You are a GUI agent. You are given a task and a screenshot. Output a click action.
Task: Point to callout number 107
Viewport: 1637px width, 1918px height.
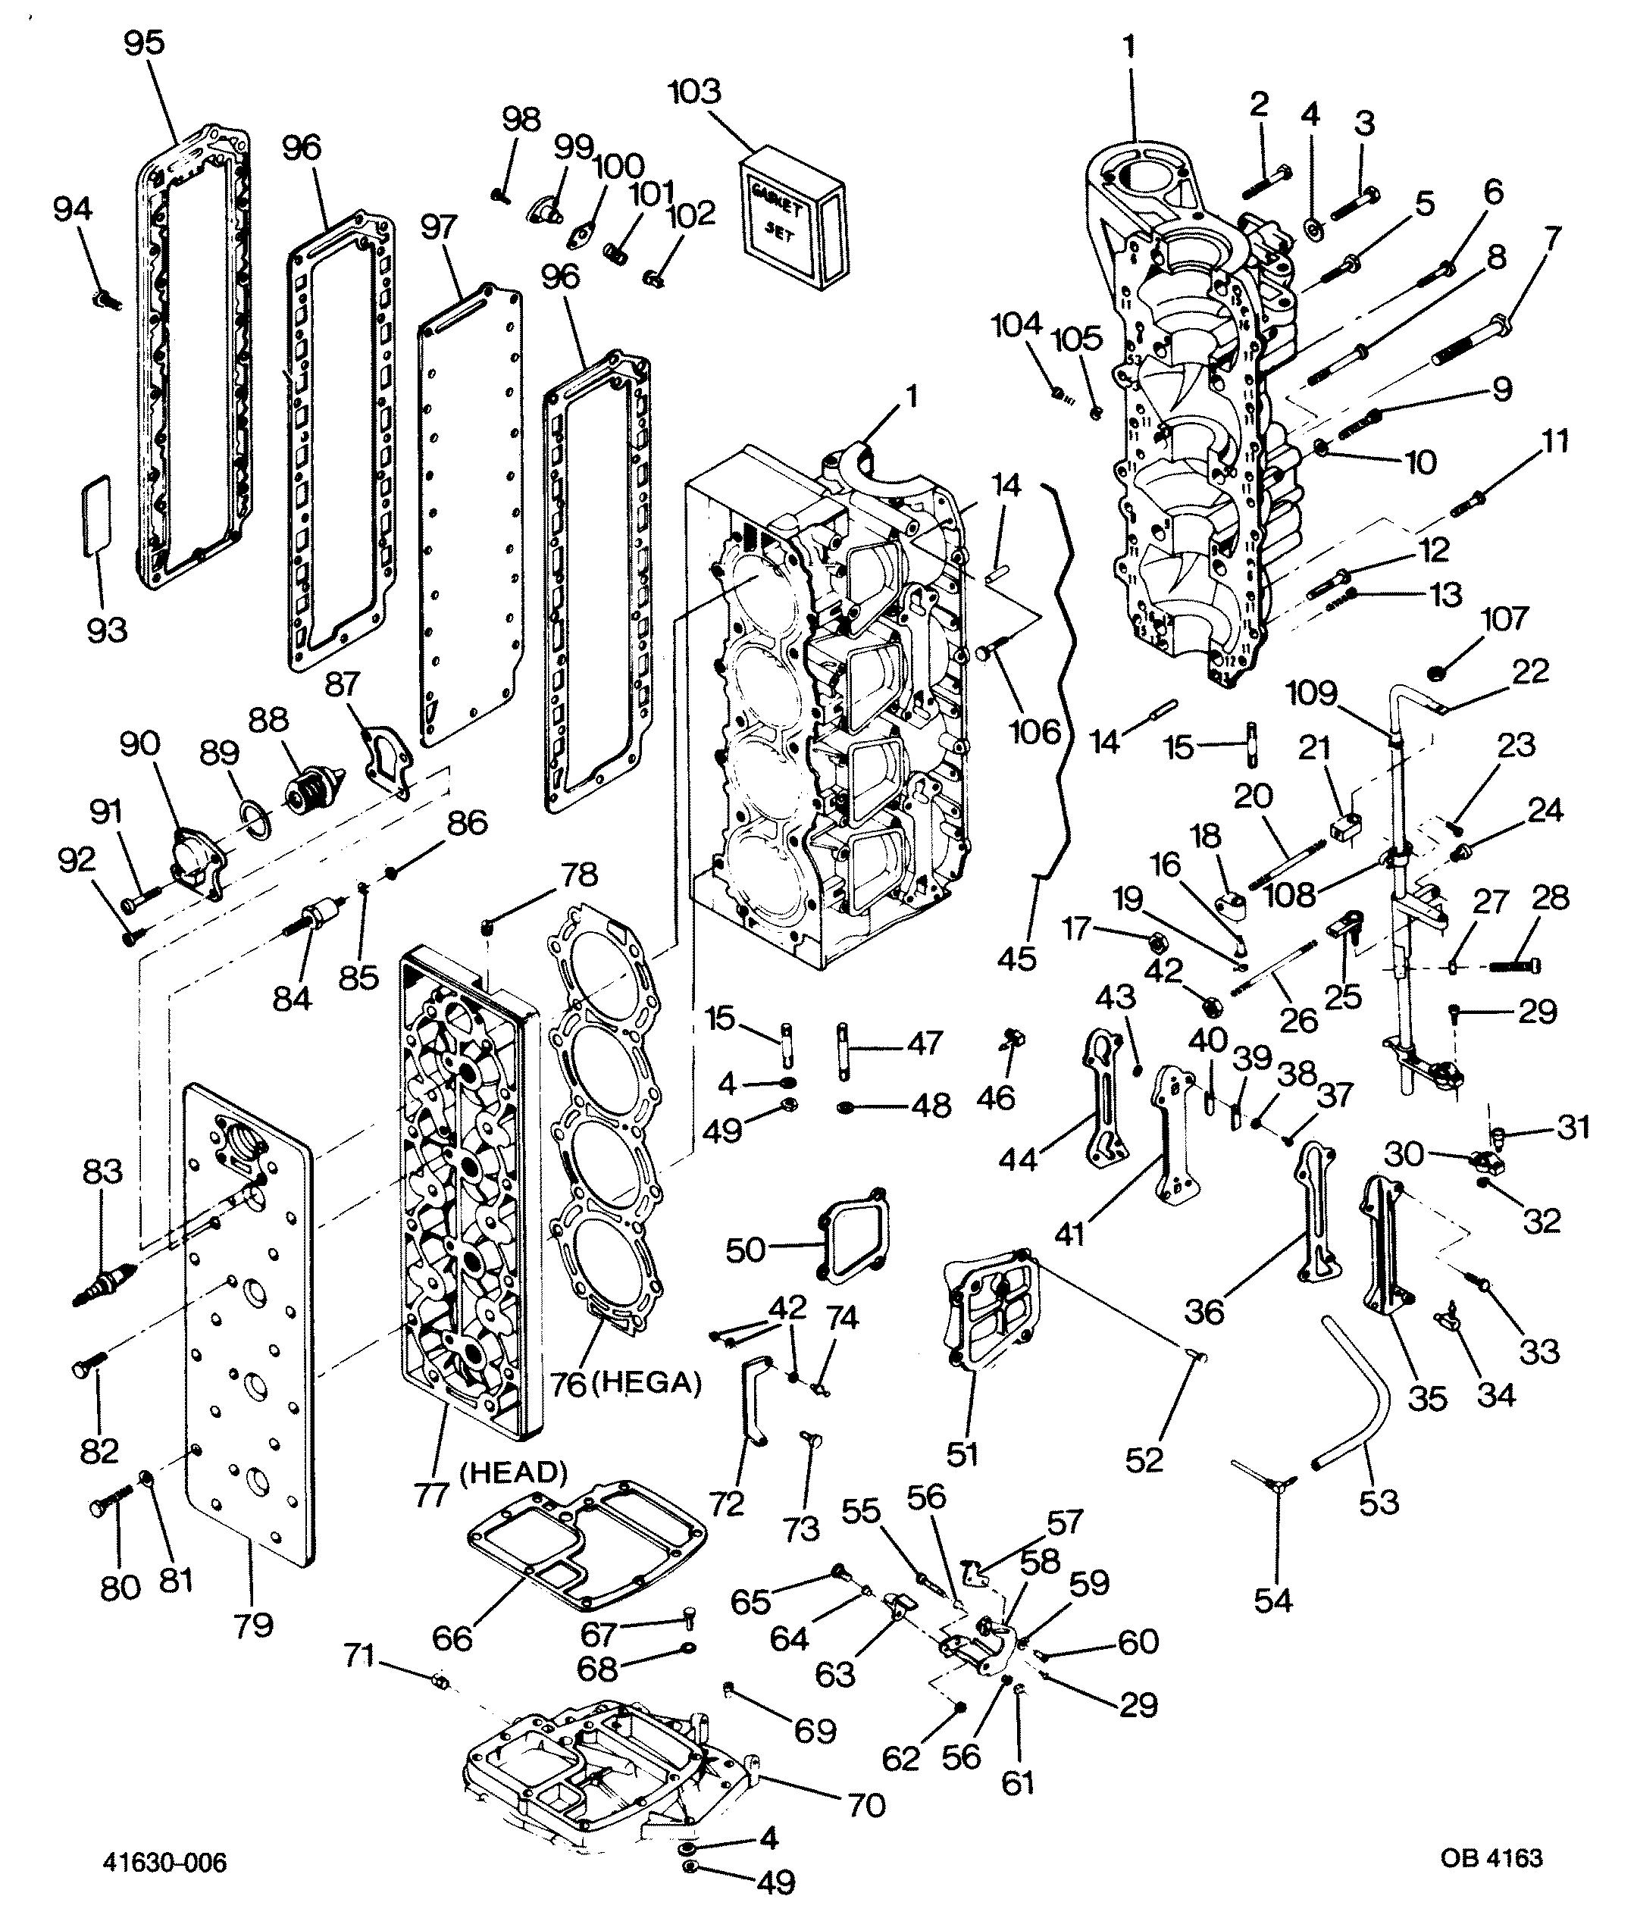[x=1504, y=619]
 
